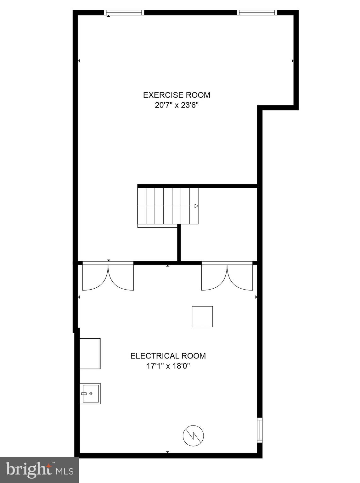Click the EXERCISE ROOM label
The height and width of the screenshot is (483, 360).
[x=177, y=95]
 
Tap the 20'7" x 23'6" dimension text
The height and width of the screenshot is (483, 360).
[x=177, y=105]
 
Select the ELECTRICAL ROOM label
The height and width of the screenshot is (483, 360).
[x=168, y=356]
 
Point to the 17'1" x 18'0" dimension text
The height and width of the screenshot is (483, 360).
[x=168, y=366]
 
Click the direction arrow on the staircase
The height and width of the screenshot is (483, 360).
[x=196, y=206]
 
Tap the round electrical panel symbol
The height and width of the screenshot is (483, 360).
[x=193, y=436]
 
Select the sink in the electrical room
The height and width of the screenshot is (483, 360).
[x=90, y=394]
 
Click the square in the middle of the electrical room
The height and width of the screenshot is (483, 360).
[x=202, y=317]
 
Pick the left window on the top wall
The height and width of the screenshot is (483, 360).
[x=124, y=13]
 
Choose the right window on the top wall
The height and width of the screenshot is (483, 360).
[x=257, y=13]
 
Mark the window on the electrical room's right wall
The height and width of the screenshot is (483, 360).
[x=260, y=430]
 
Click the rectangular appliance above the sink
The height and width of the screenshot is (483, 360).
[x=90, y=354]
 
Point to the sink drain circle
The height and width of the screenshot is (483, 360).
[x=91, y=394]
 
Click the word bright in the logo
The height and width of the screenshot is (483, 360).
[x=29, y=470]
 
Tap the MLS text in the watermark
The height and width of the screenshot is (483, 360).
[x=65, y=471]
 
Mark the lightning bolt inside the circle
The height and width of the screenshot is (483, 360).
[x=193, y=436]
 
